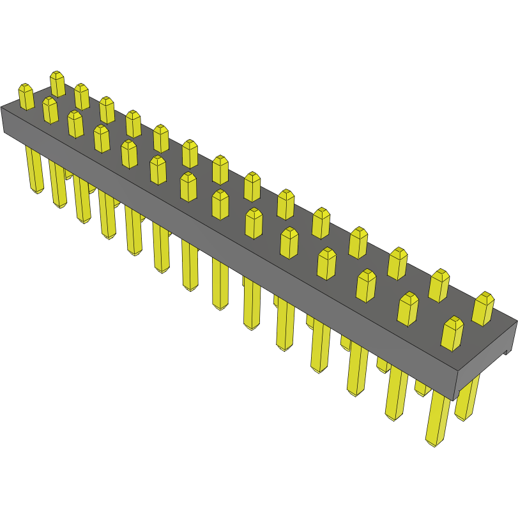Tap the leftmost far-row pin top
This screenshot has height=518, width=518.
pos(57,84)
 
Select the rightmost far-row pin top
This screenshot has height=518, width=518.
pos(483,308)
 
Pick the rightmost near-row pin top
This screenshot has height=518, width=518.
pos(452,333)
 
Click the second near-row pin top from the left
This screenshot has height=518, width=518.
pos(50,109)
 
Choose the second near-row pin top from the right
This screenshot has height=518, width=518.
pos(408,309)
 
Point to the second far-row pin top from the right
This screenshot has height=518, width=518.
pos(439,285)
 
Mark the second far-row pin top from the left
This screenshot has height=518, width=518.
pos(81,96)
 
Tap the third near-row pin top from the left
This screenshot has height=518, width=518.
pos(75,123)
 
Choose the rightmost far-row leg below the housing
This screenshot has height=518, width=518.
pos(467,399)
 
